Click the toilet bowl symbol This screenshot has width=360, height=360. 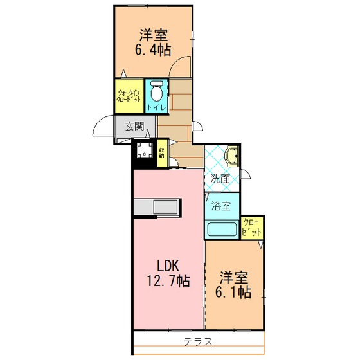pyautogui.click(x=157, y=91)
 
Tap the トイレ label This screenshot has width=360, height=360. pyautogui.click(x=157, y=108)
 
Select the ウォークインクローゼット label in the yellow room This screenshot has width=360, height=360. pyautogui.click(x=129, y=96)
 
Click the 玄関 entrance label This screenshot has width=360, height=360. pyautogui.click(x=134, y=126)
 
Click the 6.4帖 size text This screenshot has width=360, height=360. pyautogui.click(x=153, y=50)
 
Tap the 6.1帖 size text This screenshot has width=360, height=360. pyautogui.click(x=233, y=292)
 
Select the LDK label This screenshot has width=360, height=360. pyautogui.click(x=168, y=266)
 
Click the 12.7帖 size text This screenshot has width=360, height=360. pyautogui.click(x=168, y=281)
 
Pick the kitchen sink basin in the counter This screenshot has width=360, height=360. pyautogui.click(x=166, y=207)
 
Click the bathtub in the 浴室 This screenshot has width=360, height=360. pyautogui.click(x=222, y=229)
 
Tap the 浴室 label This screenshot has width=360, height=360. pyautogui.click(x=221, y=206)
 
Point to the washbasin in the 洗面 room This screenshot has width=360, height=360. pyautogui.click(x=233, y=157)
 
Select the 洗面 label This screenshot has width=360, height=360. pyautogui.click(x=220, y=179)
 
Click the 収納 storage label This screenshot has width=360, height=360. pyautogui.click(x=162, y=153)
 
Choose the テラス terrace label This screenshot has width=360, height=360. pyautogui.click(x=198, y=342)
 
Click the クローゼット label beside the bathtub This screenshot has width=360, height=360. pyautogui.click(x=252, y=228)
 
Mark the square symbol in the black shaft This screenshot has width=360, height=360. pyautogui.click(x=145, y=150)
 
